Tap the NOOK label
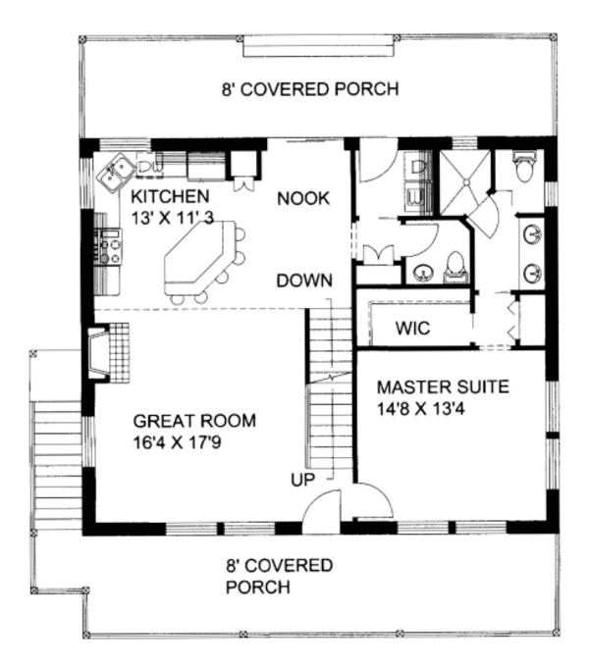[x=302, y=197]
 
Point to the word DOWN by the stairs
[x=303, y=280]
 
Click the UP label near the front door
[x=302, y=480]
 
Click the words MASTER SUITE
[x=443, y=386]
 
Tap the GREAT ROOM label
[x=193, y=422]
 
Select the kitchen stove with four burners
[x=108, y=246]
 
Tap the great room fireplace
[x=100, y=354]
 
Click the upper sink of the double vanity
[x=530, y=235]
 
